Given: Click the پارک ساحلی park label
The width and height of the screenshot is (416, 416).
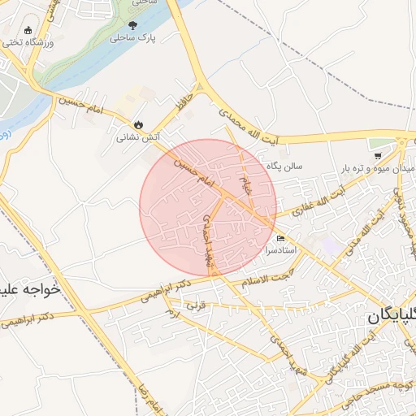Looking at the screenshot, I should point(132,37).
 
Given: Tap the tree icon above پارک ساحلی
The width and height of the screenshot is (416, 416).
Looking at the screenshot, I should point(133,25).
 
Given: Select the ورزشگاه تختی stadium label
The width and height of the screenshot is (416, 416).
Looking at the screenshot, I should point(31,41).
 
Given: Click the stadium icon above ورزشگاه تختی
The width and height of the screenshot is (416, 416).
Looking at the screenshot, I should point(28,30).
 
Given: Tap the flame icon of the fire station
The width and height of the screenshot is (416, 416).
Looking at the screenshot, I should point(139,125).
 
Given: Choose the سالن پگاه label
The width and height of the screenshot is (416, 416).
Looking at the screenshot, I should point(286,165).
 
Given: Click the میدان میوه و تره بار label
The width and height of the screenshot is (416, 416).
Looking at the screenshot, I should point(378,168).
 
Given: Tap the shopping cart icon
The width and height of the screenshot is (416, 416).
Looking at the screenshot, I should point(378,155).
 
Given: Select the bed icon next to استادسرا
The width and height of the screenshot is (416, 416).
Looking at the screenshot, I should point(281,240).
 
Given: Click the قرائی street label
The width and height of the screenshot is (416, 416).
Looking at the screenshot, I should point(197,307).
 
